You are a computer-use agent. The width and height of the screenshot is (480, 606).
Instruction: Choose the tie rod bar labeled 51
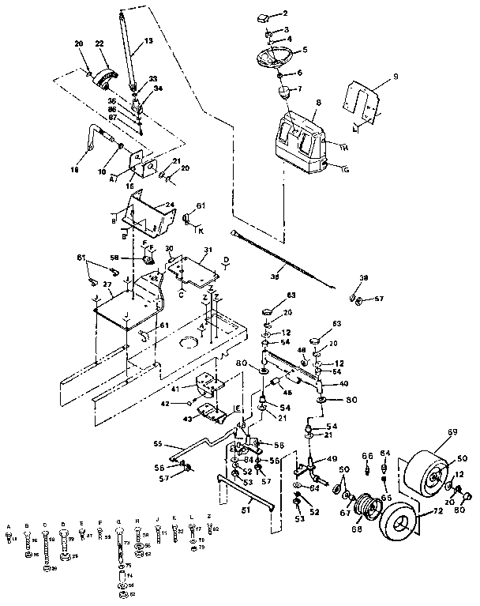[x=246, y=495]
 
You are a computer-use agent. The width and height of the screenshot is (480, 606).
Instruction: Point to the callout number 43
[x=186, y=418]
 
